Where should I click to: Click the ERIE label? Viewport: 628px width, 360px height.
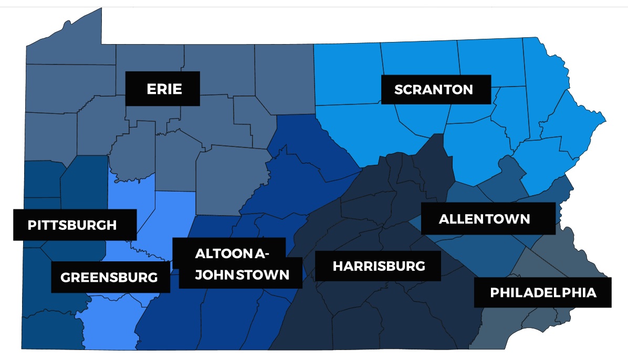(x=164, y=89)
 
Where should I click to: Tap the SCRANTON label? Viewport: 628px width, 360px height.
(x=434, y=90)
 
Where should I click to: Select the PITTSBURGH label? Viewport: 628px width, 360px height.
(x=72, y=226)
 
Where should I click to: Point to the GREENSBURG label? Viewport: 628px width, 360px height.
(x=109, y=277)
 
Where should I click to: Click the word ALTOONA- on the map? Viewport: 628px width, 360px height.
(x=232, y=254)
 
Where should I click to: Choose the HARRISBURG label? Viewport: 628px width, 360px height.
(x=379, y=266)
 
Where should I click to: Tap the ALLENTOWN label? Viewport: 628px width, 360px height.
(x=484, y=219)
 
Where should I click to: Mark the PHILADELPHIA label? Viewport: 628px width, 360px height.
(x=543, y=293)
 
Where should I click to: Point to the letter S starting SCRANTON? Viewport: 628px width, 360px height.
(x=399, y=90)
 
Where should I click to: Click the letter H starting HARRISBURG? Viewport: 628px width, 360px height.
(x=338, y=266)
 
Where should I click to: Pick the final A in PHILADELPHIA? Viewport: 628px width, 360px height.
(x=592, y=293)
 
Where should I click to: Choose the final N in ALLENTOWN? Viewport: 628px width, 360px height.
(x=525, y=219)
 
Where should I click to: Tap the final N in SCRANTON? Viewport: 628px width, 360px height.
(x=468, y=90)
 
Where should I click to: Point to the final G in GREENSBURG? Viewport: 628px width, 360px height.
(x=153, y=277)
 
